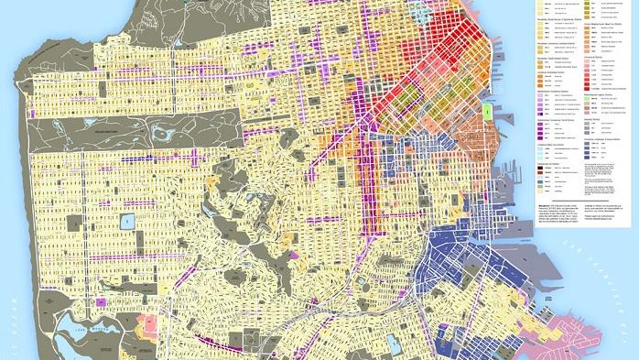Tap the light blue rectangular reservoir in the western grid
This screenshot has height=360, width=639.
tap(126, 222)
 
